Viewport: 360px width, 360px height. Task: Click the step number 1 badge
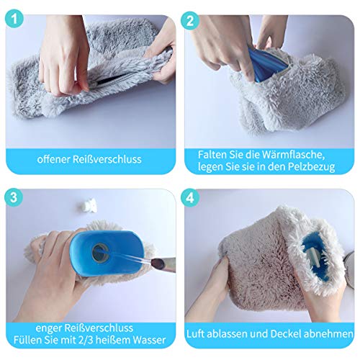click(x=14, y=19)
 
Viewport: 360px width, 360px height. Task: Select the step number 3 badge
click(x=14, y=197)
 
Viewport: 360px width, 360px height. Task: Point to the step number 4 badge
click(x=190, y=198)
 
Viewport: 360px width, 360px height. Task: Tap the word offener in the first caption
click(x=53, y=159)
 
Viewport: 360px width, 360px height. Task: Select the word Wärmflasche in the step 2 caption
click(x=293, y=155)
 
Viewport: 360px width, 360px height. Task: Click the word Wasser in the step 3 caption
click(x=149, y=340)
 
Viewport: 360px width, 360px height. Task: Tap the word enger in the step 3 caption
click(x=48, y=328)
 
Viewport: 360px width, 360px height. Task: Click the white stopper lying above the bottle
click(x=88, y=206)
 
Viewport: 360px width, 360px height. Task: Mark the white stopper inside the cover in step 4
click(x=315, y=257)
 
